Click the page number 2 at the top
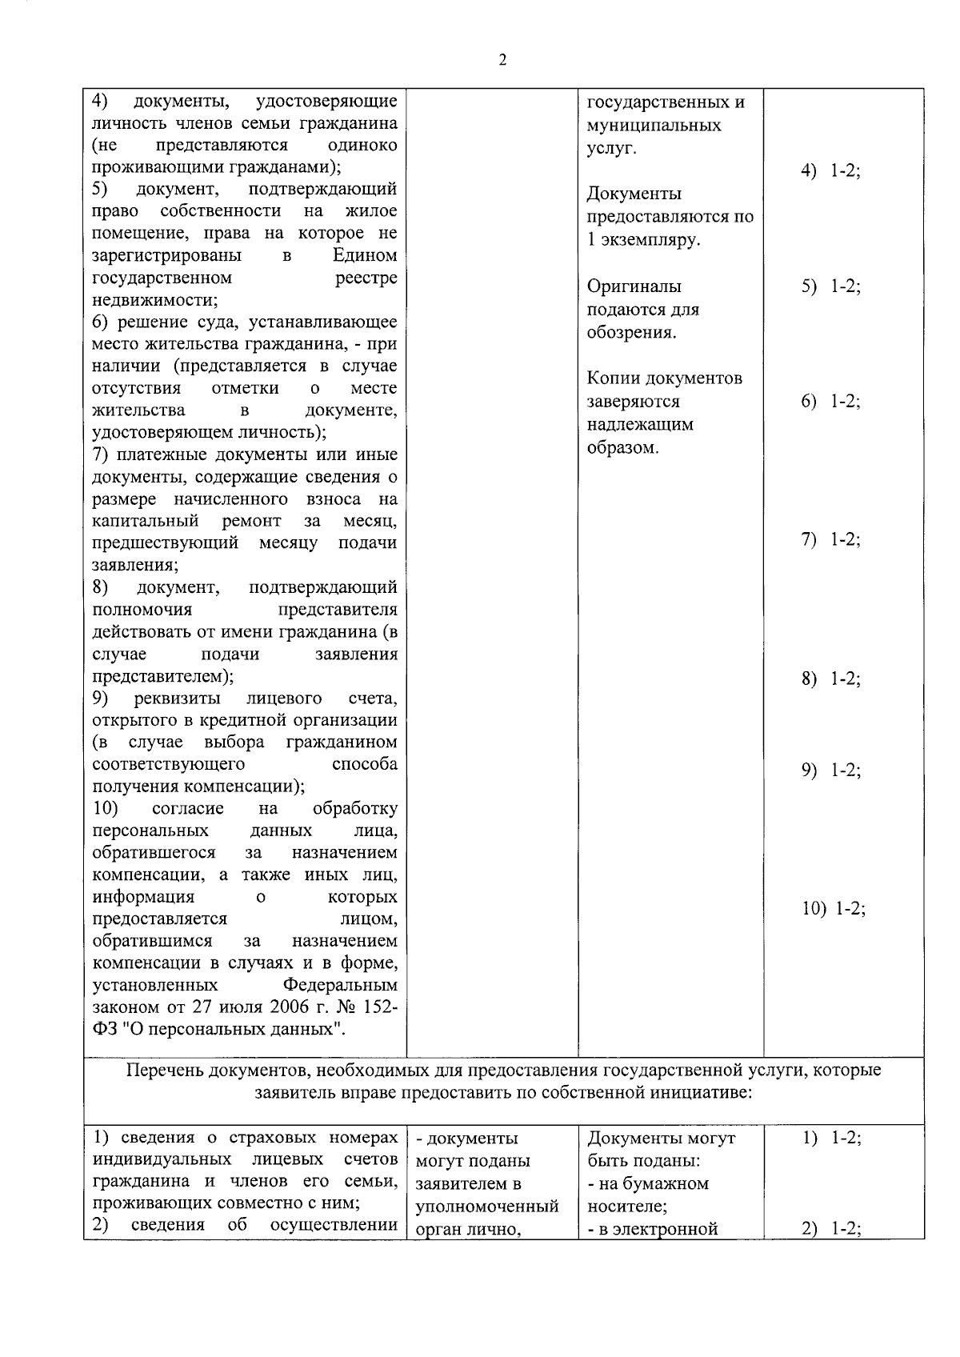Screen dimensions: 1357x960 tap(502, 61)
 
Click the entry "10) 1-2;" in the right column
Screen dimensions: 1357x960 tap(834, 909)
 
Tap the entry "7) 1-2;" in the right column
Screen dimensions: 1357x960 tap(831, 540)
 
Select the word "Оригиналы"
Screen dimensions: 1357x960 tap(634, 286)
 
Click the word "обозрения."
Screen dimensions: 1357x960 tap(631, 333)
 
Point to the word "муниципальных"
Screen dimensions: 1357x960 tap(654, 126)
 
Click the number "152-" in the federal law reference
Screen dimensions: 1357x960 tap(375, 1007)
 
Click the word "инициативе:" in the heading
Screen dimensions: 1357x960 tap(707, 1092)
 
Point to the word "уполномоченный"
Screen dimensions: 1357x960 tap(487, 1206)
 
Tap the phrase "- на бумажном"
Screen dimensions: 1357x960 tap(647, 1183)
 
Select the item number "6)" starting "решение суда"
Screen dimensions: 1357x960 tap(99, 322)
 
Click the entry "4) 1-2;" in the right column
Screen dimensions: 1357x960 tap(831, 172)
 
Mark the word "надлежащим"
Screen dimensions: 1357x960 tap(640, 425)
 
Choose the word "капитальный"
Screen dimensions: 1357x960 tap(145, 522)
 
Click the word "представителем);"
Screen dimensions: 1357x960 tap(162, 676)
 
